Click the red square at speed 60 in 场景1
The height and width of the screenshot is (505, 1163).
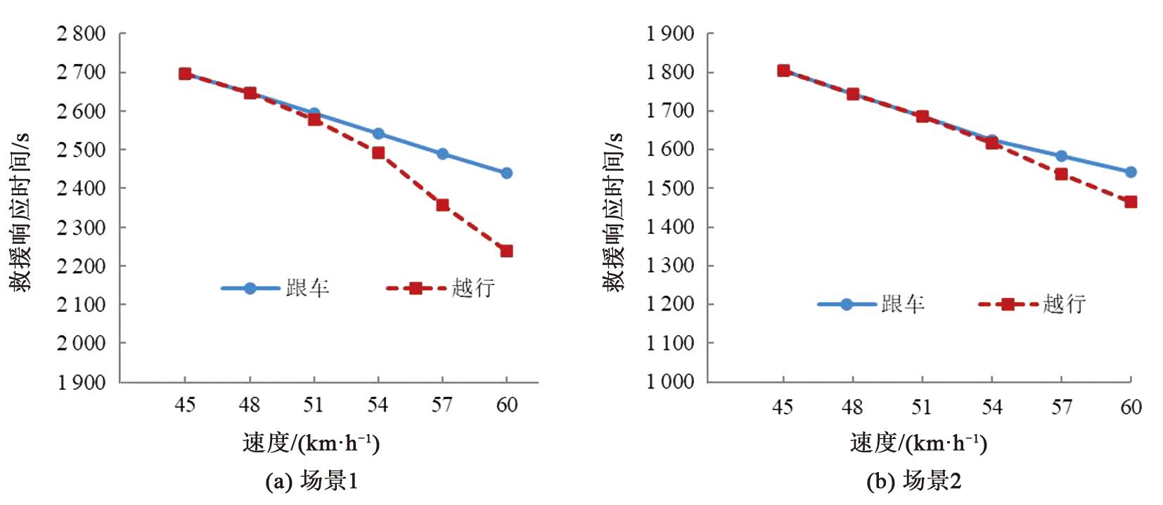[506, 251]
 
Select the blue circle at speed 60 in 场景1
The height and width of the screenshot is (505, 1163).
[506, 173]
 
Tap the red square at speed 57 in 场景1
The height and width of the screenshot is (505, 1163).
[442, 205]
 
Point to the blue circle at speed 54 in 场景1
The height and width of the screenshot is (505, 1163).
[378, 133]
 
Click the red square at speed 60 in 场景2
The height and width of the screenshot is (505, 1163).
[1131, 202]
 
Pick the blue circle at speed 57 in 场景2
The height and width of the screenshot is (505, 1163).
[1061, 156]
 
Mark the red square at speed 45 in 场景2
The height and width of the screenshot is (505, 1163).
[783, 70]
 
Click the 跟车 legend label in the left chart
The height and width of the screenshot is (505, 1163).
[307, 288]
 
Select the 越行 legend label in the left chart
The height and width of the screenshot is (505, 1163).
[473, 288]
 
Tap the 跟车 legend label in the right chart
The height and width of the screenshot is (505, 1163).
[903, 304]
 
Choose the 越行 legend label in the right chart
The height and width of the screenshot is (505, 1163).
[1065, 304]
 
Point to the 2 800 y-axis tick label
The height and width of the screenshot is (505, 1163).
[82, 34]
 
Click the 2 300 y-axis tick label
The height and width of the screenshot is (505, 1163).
[82, 228]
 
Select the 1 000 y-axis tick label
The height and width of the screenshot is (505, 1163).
[670, 381]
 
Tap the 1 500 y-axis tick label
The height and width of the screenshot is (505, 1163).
[670, 188]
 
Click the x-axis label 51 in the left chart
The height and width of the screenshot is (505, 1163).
[314, 405]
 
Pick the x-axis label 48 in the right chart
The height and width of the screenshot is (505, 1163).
[852, 407]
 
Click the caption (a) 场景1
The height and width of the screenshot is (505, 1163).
[311, 481]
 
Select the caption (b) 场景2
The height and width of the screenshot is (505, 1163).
[913, 481]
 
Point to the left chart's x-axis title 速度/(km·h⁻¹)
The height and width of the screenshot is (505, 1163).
[311, 443]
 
